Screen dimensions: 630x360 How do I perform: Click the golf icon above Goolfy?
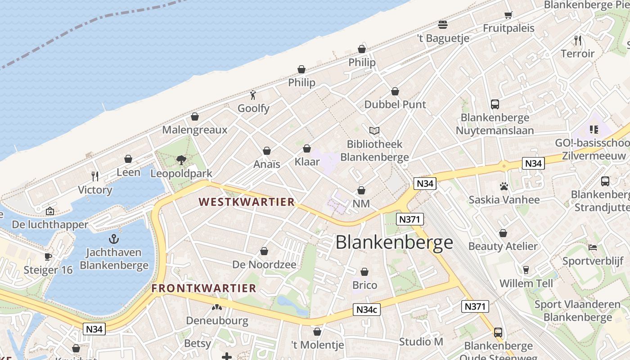click(253, 95)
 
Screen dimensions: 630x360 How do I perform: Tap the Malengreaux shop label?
click(195, 130)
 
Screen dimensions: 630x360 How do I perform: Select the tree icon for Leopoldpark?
click(181, 160)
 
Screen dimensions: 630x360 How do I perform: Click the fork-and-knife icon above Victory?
click(95, 176)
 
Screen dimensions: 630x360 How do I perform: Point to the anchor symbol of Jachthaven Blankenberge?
click(114, 238)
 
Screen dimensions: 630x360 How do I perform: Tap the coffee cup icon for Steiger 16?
click(48, 256)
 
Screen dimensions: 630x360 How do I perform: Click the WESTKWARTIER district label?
click(247, 202)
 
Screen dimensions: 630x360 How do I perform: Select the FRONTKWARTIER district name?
click(204, 288)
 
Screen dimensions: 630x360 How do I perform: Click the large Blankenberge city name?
click(394, 243)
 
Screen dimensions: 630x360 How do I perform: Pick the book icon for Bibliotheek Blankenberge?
click(374, 130)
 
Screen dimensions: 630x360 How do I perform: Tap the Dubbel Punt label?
click(395, 104)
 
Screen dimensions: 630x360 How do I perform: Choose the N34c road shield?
click(367, 310)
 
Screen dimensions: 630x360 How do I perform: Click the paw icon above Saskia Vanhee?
click(504, 186)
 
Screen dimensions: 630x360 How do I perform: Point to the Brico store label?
click(365, 285)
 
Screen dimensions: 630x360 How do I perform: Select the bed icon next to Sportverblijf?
click(593, 247)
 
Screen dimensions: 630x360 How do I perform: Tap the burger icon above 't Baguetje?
click(443, 24)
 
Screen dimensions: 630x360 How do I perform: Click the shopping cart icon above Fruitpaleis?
click(508, 14)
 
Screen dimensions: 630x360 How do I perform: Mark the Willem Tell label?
click(526, 284)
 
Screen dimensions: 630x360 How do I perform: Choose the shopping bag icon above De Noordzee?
click(264, 251)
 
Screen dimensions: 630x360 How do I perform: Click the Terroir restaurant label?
click(578, 54)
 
